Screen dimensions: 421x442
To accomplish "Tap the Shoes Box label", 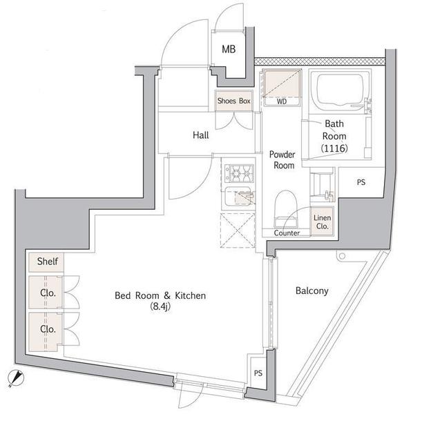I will (234, 101).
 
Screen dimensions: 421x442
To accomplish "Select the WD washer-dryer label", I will (281, 101).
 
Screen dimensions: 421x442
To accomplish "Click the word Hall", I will (200, 135).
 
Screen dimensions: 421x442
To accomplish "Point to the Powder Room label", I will (282, 160).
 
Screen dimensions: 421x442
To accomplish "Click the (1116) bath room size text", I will (334, 148).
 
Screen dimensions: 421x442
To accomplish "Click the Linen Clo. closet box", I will (323, 221).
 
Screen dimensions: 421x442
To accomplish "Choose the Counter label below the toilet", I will (287, 233).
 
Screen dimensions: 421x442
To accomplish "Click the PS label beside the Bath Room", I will (361, 183).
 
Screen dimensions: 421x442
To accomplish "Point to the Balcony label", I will (311, 291).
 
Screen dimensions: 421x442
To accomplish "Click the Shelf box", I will (47, 262).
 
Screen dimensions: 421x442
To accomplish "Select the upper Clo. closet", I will (47, 292).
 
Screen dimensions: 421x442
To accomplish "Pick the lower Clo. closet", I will (47, 329).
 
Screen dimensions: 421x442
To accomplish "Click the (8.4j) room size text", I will (160, 309).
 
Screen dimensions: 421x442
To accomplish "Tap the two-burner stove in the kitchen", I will (237, 170).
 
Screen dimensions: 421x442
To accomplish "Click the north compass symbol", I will (15, 377).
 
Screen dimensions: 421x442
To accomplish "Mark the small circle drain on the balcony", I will (340, 257).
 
